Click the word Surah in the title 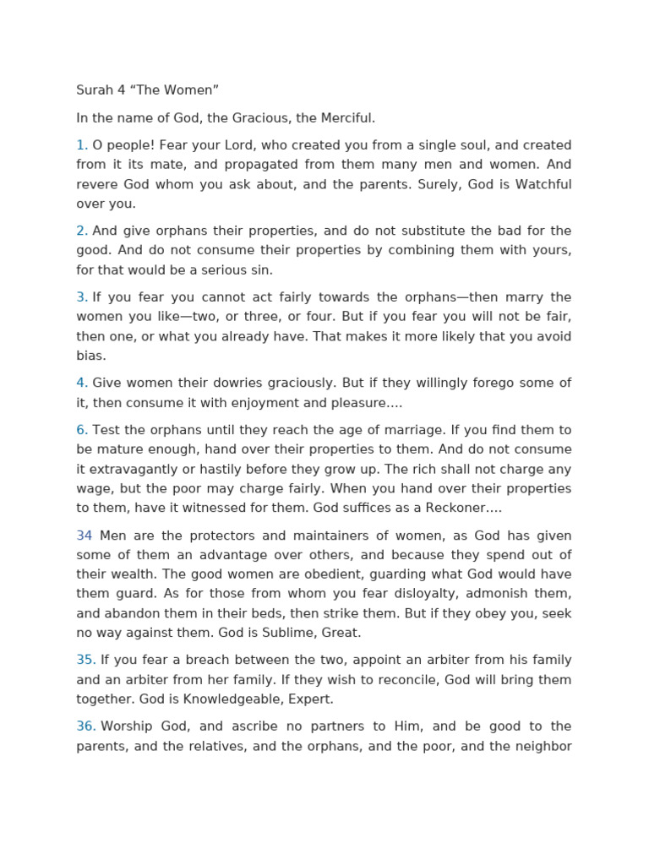(x=95, y=90)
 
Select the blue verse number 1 (x=82, y=145)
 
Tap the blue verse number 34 (x=85, y=536)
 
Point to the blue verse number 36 (x=85, y=726)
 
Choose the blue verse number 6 (x=82, y=431)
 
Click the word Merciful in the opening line (x=346, y=118)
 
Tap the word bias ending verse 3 (x=90, y=356)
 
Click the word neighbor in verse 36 (x=543, y=746)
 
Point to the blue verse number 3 (x=82, y=297)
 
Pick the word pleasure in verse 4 (x=352, y=403)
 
